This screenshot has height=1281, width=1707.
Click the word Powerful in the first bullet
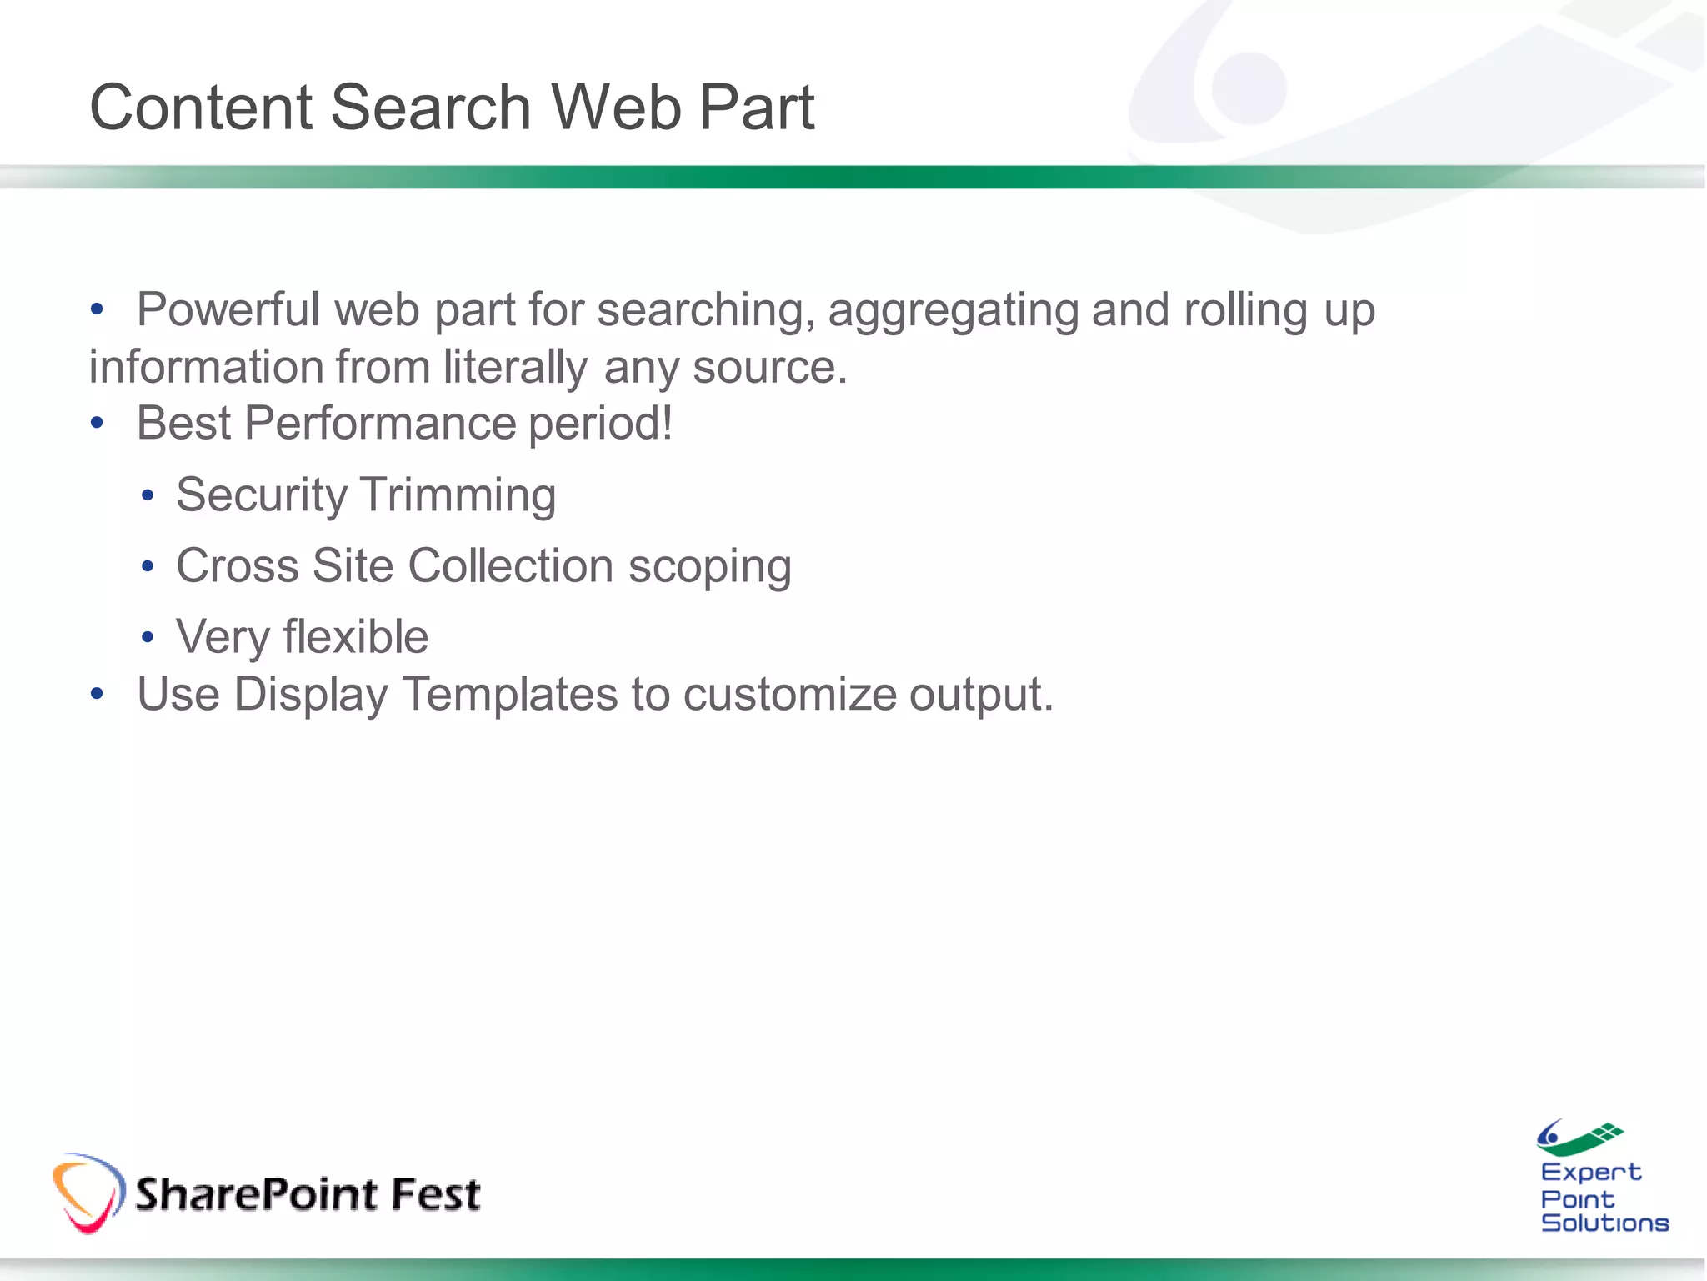click(228, 310)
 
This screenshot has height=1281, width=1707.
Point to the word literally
click(515, 368)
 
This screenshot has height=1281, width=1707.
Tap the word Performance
click(379, 423)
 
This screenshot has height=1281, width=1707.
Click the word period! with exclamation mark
click(600, 424)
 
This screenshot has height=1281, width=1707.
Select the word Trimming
click(459, 495)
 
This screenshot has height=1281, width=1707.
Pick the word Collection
click(511, 565)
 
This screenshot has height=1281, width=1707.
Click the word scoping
click(709, 567)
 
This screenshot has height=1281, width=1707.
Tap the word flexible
click(356, 637)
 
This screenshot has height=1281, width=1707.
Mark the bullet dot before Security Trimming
click(148, 496)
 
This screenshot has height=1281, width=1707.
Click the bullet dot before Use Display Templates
click(97, 694)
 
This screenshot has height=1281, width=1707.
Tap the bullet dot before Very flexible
click(148, 638)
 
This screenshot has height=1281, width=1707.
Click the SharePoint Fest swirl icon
click(88, 1193)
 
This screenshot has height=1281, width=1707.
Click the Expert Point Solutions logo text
click(1603, 1198)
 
